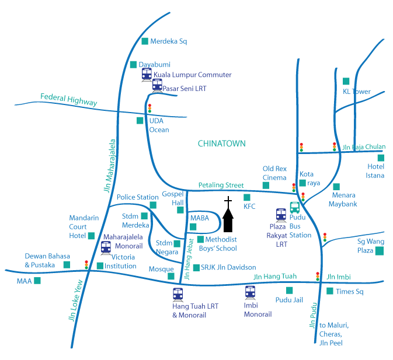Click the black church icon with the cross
pos(228,216)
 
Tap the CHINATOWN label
pos(222,143)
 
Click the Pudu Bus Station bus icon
pos(295,208)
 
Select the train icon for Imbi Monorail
pos(250,292)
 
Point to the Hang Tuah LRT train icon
pos(178,294)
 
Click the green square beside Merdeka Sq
pos(145,41)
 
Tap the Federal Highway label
pos(68,99)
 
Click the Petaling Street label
pos(220,185)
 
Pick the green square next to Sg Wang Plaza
pos(380,251)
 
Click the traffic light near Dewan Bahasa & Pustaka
pos(86,264)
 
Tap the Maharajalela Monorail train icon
pos(106,247)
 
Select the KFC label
pos(249,206)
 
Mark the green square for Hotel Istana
pos(381,158)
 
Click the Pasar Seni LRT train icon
pos(156,86)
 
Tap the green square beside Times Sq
pos(330,291)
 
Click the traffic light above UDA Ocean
pos(150,109)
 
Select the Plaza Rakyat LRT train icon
pos(281,215)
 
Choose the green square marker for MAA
pos(37,281)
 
